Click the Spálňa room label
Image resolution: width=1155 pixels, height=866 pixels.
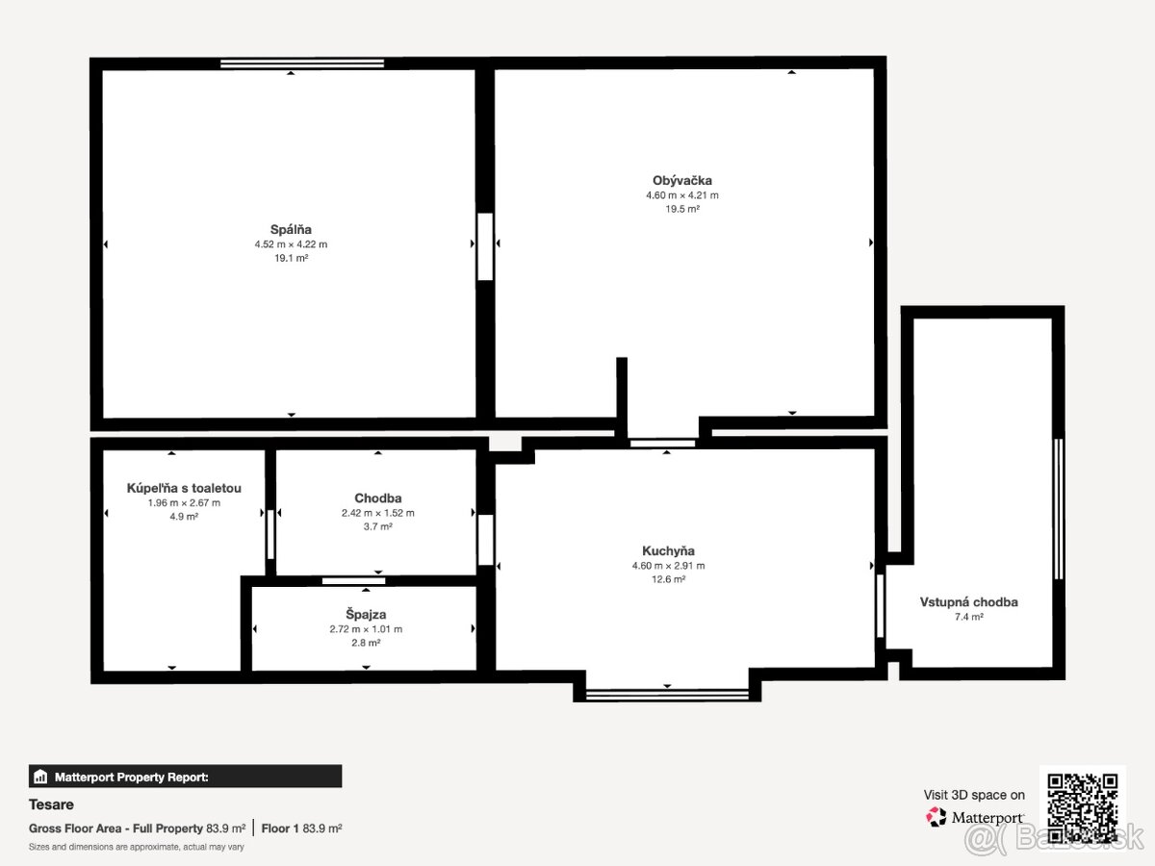pos(291,229)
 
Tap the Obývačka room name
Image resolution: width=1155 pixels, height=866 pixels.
pos(682,180)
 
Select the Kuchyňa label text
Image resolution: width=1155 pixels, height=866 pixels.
pos(668,551)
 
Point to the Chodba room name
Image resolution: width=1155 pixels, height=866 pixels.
pos(378,497)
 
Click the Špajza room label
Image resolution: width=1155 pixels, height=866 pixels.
pos(366,614)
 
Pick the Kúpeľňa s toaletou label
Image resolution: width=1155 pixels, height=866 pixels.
pos(184,488)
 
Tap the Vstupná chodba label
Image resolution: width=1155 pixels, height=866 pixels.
pos(968,602)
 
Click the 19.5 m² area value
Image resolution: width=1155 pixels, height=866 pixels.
pos(682,209)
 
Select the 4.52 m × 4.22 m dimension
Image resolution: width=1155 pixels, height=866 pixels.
pos(291,244)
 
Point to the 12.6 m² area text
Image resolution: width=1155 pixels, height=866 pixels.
pos(668,579)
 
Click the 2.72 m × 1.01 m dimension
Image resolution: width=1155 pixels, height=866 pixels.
pos(366,629)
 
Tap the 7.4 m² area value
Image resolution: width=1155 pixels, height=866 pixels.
pos(968,617)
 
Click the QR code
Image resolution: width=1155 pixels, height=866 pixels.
pos(1083,808)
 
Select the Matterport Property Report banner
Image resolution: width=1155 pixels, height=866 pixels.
pos(185,777)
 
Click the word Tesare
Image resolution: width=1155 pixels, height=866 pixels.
pos(51,804)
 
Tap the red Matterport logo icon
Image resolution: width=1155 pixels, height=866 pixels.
pos(936,817)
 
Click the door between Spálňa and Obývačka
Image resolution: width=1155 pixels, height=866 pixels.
pos(485,246)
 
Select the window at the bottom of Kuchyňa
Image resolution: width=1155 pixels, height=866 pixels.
pos(667,695)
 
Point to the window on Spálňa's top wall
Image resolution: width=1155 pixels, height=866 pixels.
pos(302,64)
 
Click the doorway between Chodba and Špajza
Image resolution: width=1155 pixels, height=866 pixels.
pos(353,581)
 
